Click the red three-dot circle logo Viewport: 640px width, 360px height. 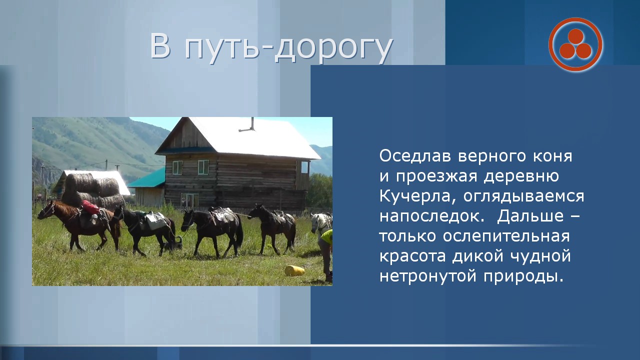pyautogui.click(x=575, y=44)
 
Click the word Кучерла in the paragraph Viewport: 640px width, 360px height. pyautogui.click(x=414, y=196)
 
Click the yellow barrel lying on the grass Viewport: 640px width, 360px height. pyautogui.click(x=294, y=270)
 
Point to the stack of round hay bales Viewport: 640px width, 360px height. pyautogui.click(x=93, y=190)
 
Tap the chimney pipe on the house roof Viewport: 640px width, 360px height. pyautogui.click(x=247, y=125)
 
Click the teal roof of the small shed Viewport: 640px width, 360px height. pyautogui.click(x=147, y=178)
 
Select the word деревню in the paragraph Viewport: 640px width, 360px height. pyautogui.click(x=521, y=176)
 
